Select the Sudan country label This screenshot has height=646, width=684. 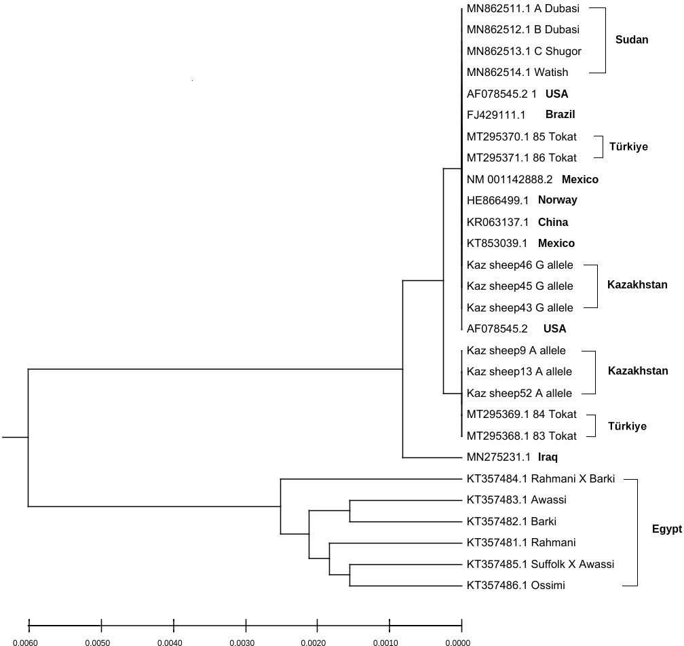[631, 39]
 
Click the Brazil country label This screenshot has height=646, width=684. [560, 115]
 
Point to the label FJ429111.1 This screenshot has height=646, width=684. [496, 115]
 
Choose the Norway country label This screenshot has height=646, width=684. [557, 200]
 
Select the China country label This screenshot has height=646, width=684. [552, 222]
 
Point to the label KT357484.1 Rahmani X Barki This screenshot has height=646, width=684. [540, 479]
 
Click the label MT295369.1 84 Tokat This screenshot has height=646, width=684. [521, 414]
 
